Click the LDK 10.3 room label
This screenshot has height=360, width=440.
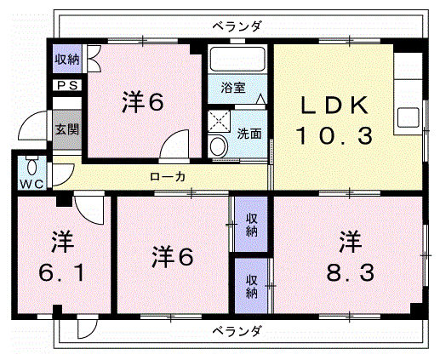pyautogui.click(x=334, y=120)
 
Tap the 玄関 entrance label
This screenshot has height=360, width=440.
pyautogui.click(x=67, y=129)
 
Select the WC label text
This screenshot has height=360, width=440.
pyautogui.click(x=32, y=184)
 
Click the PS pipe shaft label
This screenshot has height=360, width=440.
pyautogui.click(x=67, y=85)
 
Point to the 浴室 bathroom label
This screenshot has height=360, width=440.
pyautogui.click(x=233, y=88)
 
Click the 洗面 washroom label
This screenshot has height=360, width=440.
pyautogui.click(x=249, y=134)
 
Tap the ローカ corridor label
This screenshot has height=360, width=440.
pyautogui.click(x=168, y=177)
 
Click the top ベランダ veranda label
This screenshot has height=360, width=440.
pyautogui.click(x=237, y=26)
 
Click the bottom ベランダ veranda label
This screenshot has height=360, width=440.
pyautogui.click(x=237, y=331)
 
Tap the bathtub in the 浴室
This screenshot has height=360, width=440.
pyautogui.click(x=237, y=59)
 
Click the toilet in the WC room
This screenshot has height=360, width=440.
pyautogui.click(x=31, y=166)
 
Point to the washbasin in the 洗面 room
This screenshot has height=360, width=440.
pyautogui.click(x=218, y=146)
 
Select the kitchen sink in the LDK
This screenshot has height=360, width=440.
pyautogui.click(x=409, y=117)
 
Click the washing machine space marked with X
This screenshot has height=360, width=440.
pyautogui.click(x=219, y=121)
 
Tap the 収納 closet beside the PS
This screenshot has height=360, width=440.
pyautogui.click(x=67, y=60)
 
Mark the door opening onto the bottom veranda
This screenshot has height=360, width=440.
pyautogui.click(x=87, y=329)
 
